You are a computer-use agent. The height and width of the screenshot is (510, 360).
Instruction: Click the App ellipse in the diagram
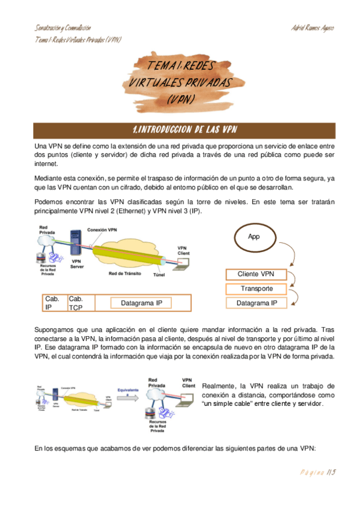[254, 236]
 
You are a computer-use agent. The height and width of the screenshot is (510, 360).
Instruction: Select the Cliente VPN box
[255, 274]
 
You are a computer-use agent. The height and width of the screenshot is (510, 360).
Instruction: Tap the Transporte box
[257, 289]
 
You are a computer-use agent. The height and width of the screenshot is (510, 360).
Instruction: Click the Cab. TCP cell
[76, 303]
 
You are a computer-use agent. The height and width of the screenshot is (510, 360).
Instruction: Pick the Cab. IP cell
[53, 303]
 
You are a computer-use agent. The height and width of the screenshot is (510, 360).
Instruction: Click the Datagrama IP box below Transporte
[257, 303]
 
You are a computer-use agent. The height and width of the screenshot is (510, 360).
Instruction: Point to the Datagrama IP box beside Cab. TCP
[138, 303]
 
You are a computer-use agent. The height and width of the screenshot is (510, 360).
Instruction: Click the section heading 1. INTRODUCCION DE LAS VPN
[184, 130]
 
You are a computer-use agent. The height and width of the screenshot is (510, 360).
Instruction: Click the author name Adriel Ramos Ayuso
[313, 28]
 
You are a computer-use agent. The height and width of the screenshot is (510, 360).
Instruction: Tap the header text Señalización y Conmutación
[63, 28]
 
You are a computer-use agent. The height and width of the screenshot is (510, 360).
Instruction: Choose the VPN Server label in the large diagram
[77, 264]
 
